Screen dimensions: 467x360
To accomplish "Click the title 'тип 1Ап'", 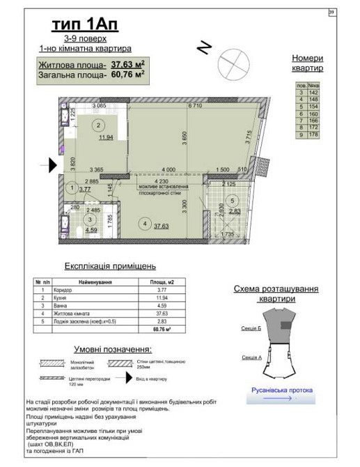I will [85, 25].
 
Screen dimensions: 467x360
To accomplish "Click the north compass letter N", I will [204, 47].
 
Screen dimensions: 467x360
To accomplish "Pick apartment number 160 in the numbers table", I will [313, 115].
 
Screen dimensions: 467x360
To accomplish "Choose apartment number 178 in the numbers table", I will [313, 135].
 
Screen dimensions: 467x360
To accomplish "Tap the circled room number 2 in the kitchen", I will [99, 125].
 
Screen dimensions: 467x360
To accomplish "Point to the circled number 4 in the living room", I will [143, 224].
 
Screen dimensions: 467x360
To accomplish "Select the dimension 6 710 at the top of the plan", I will [194, 106].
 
